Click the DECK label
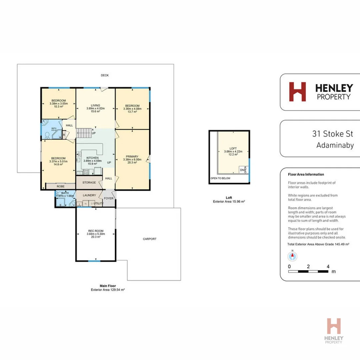click(x=105, y=75)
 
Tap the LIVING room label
click(x=96, y=105)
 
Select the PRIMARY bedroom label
click(x=132, y=156)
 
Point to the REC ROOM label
click(x=96, y=231)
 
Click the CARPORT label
click(x=149, y=239)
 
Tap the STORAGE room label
click(x=89, y=183)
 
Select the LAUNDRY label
click(x=89, y=195)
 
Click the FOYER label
click(x=109, y=198)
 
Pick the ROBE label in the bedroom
click(x=60, y=186)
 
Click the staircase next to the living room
click(x=85, y=133)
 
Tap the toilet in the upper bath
click(x=47, y=135)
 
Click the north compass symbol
click(x=292, y=256)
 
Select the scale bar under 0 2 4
click(x=309, y=272)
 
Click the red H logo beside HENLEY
click(x=297, y=92)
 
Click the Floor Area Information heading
click(x=306, y=174)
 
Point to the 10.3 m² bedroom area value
click(x=58, y=107)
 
